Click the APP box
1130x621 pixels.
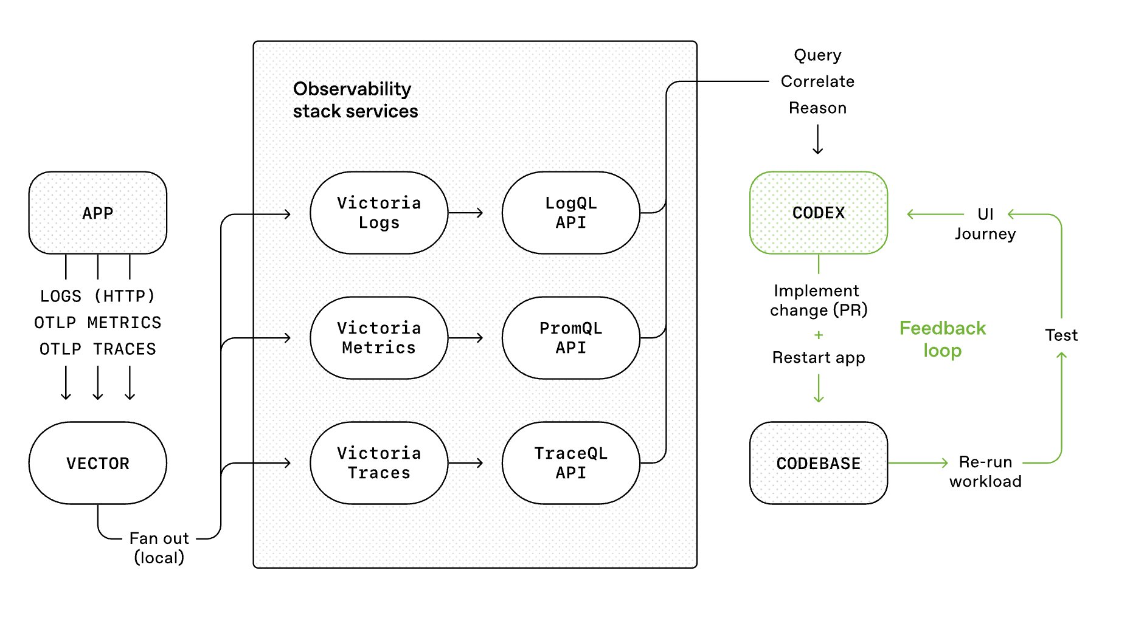pos(97,213)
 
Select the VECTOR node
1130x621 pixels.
pos(97,463)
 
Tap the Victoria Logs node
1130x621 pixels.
pos(378,213)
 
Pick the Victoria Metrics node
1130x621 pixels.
pos(378,338)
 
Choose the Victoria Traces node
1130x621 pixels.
pos(378,463)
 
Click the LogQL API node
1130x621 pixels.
pos(570,213)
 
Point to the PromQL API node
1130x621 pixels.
pos(570,338)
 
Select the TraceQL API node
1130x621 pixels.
pos(570,463)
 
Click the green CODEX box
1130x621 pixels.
pos(818,213)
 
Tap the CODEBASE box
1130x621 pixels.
pos(818,463)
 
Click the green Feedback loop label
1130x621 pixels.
pos(942,339)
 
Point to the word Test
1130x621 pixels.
pos(1061,335)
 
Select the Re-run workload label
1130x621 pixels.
pos(985,472)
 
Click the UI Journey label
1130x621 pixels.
pos(985,224)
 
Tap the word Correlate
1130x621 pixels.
pos(817,81)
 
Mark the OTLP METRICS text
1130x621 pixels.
pos(97,323)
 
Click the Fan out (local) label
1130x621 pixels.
pos(159,547)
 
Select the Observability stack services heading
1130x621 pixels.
pos(355,100)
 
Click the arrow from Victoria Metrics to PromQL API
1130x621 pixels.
pos(466,338)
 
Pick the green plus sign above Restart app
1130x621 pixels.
pos(819,335)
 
